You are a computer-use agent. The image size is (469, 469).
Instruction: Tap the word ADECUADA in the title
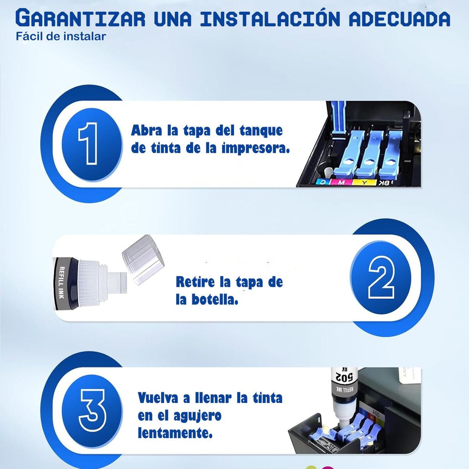point(399,18)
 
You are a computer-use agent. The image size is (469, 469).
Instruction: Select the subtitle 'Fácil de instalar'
point(61,37)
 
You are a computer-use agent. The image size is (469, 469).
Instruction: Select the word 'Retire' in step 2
point(195,282)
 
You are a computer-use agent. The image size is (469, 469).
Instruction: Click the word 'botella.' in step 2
point(215,300)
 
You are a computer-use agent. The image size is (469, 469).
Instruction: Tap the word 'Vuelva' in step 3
point(158,398)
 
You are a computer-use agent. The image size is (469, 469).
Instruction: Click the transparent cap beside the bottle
point(141,259)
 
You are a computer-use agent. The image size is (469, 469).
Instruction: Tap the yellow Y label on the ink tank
point(364,182)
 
